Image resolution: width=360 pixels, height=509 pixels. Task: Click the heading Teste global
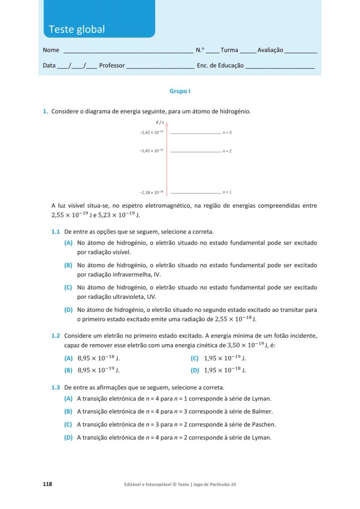pyautogui.click(x=77, y=29)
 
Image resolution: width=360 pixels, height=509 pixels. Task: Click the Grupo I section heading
pyautogui.click(x=180, y=91)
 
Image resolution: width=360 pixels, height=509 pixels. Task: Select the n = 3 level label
pyautogui.click(x=227, y=132)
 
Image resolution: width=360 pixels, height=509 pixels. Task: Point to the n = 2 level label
pyautogui.click(x=227, y=151)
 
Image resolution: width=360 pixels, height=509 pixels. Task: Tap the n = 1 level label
pyautogui.click(x=227, y=192)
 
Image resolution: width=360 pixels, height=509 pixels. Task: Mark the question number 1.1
pyautogui.click(x=56, y=232)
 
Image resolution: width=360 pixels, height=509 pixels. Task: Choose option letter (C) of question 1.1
pyautogui.click(x=68, y=287)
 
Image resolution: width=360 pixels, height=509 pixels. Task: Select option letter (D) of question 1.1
pyautogui.click(x=68, y=310)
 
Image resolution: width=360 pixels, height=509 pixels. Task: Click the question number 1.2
pyautogui.click(x=56, y=336)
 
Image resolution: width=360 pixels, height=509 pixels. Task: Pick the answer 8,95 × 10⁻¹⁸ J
pyautogui.click(x=98, y=359)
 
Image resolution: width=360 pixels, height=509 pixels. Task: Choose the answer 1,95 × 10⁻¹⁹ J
pyautogui.click(x=225, y=359)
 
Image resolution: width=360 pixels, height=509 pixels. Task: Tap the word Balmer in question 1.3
pyautogui.click(x=263, y=411)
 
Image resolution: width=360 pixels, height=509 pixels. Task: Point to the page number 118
pyautogui.click(x=47, y=484)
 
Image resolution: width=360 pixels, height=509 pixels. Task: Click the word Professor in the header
pyautogui.click(x=112, y=66)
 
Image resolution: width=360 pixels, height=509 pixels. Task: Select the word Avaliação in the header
pyautogui.click(x=270, y=50)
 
